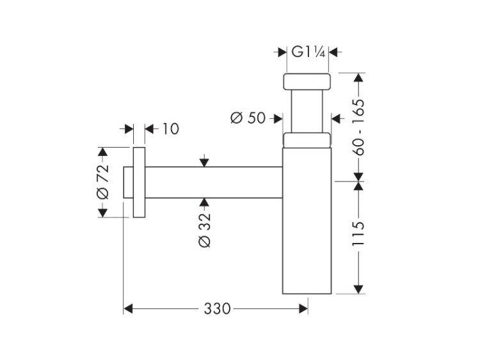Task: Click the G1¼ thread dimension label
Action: click(x=308, y=52)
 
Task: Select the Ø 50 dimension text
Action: click(x=248, y=118)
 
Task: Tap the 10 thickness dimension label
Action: click(x=170, y=129)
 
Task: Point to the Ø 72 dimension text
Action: click(x=103, y=182)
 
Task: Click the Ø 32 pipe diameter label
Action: click(x=205, y=230)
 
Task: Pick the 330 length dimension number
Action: click(x=217, y=309)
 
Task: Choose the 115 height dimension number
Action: click(x=358, y=233)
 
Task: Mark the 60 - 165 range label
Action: click(x=358, y=127)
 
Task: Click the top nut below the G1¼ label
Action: click(x=307, y=82)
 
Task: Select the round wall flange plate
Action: click(x=139, y=182)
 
